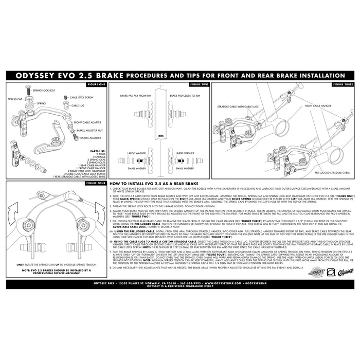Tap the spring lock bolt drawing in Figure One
29,91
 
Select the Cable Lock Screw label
81,97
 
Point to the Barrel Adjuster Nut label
89,131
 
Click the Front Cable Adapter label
87,123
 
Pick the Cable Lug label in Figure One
78,105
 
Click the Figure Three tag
343,83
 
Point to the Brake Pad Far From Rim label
134,96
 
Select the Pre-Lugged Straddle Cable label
335,173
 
